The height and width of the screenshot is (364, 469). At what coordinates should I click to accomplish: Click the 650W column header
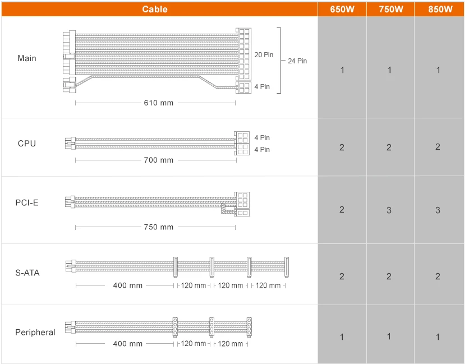pos(342,9)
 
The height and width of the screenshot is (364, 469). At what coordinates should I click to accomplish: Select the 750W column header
pos(390,9)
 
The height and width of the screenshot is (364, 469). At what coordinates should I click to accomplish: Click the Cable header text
pos(155,9)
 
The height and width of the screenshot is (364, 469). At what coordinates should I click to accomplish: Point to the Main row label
pos(27,58)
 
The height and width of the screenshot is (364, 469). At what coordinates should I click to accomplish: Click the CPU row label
pos(27,144)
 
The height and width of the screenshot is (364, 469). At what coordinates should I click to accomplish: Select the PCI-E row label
pos(27,202)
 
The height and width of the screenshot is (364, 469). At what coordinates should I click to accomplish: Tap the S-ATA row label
pos(27,273)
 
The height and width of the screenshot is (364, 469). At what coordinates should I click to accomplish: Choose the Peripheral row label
pos(35,333)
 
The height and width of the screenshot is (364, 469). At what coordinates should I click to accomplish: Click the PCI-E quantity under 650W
pos(342,210)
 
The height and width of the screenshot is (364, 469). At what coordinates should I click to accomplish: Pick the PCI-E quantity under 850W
pos(438,210)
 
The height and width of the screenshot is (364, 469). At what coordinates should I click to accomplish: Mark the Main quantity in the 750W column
pos(390,70)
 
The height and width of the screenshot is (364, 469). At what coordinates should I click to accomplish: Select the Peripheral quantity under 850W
pos(438,337)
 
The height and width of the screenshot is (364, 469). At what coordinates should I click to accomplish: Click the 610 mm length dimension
pos(159,103)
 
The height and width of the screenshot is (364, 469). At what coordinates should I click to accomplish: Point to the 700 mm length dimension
pos(159,160)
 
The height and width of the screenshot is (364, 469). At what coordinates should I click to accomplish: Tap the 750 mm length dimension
pos(159,227)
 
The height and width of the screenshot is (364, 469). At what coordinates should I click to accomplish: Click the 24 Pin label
pos(297,61)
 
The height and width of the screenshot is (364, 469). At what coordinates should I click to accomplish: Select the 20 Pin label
pos(263,55)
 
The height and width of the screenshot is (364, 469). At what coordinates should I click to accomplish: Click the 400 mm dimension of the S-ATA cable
pos(128,285)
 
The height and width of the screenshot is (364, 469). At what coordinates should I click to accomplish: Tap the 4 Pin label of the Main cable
pos(262,87)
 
